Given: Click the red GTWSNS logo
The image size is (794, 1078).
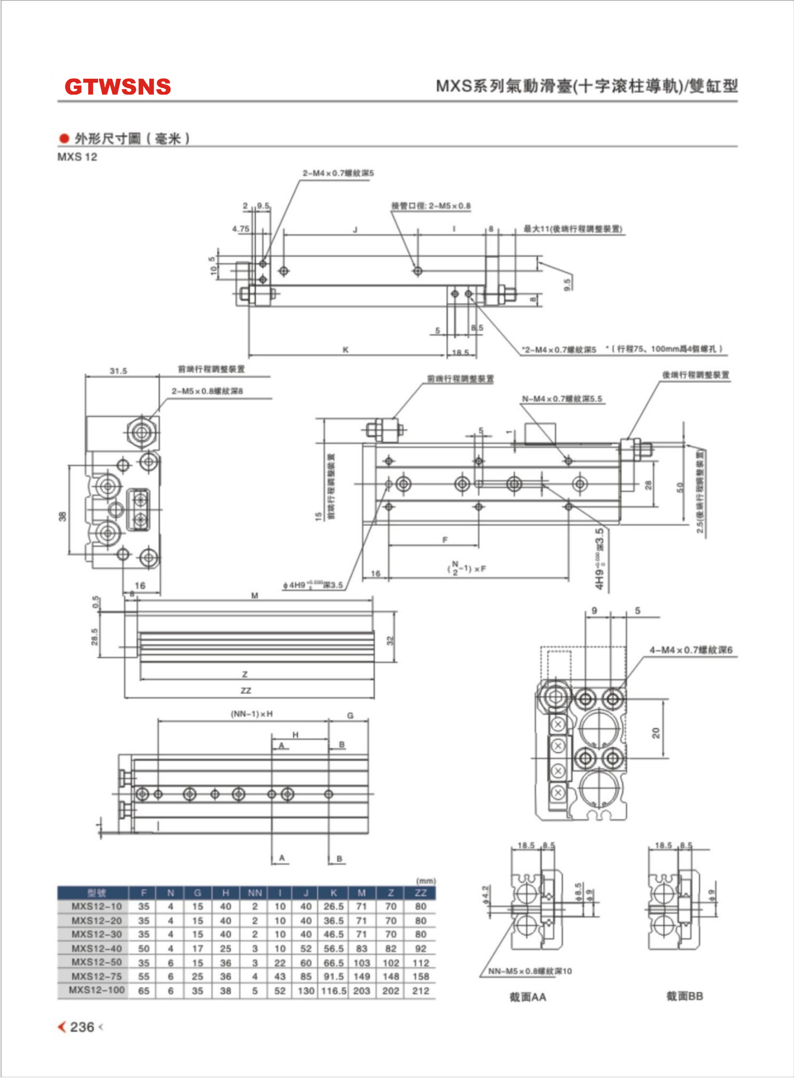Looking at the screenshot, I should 118,87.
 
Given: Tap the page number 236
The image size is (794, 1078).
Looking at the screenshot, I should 82,1027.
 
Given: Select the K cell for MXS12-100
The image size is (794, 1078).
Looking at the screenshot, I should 334,991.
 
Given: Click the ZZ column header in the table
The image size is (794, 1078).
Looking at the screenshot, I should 421,893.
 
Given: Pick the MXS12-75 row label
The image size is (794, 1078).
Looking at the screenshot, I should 97,976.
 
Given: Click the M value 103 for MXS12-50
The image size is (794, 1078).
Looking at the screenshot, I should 361,963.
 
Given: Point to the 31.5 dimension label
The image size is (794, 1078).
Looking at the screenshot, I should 118,371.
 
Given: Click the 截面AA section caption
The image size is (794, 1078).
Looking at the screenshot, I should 528,997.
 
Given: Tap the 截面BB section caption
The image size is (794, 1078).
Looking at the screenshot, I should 684,996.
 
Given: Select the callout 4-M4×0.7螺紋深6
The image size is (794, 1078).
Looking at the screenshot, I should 691,650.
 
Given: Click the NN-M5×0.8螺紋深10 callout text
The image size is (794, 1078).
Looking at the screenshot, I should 530,971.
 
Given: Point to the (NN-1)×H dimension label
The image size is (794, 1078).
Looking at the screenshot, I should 251,714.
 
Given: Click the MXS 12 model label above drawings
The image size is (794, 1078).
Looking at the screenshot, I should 77,157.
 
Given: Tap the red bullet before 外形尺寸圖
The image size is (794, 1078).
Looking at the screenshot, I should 64,139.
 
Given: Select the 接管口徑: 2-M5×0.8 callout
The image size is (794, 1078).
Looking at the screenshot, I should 431,206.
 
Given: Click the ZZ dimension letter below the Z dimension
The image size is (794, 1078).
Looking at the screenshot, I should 246,691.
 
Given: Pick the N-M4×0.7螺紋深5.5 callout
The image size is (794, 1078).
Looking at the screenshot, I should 562,399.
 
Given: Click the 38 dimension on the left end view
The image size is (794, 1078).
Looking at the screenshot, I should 62,517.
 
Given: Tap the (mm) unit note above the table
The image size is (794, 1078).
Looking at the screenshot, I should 426,881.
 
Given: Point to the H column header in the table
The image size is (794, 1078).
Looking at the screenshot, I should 225,893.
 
